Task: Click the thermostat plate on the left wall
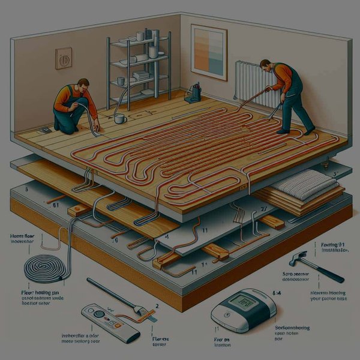(x=64, y=58)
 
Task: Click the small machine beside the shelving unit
(x=194, y=92)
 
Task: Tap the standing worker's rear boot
(x=309, y=130)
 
